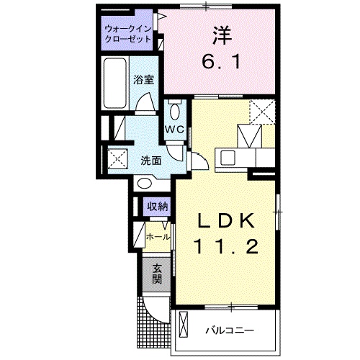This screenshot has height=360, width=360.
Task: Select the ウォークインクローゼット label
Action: [x=127, y=33]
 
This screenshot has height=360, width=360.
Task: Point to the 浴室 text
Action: [x=144, y=81]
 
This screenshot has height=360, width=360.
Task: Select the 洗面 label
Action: [x=150, y=160]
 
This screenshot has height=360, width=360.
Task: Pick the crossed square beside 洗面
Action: [x=117, y=158]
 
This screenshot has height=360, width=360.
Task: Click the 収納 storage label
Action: [x=157, y=207]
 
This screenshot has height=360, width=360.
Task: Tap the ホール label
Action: [x=158, y=236]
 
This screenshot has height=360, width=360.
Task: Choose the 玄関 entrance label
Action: [x=156, y=274]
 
